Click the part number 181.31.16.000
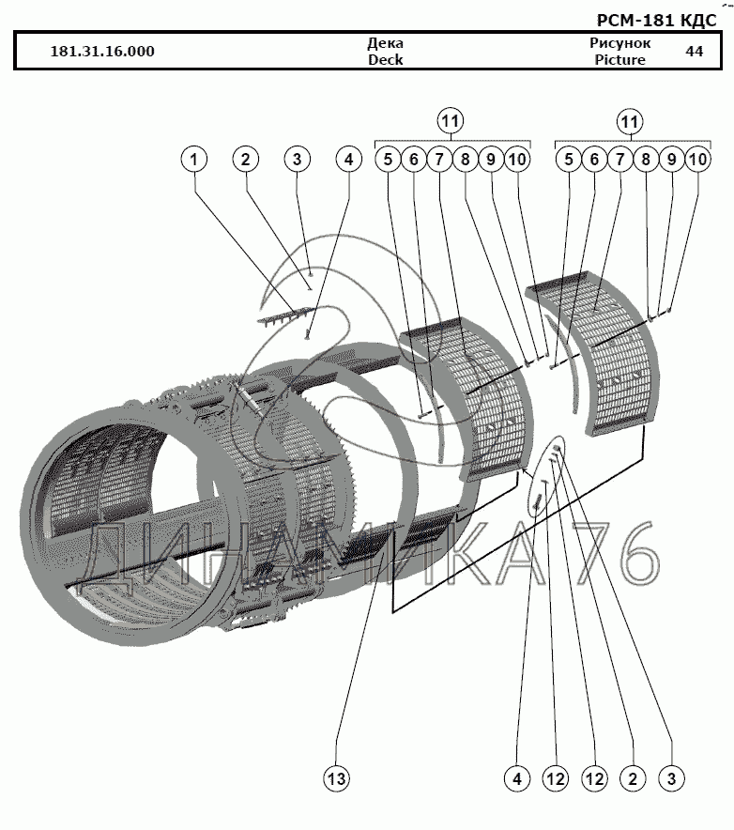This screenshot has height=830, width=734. (101, 52)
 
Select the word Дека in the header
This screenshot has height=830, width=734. (385, 43)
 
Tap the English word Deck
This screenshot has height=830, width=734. (385, 59)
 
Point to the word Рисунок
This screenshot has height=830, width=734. (619, 43)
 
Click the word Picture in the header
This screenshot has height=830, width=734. (619, 59)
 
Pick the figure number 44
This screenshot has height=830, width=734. (695, 52)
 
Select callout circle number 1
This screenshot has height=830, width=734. (194, 160)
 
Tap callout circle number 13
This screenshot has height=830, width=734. (337, 777)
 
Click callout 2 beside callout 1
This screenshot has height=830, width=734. (245, 160)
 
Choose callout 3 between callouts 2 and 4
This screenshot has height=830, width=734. (297, 160)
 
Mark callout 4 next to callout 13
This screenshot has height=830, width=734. (516, 777)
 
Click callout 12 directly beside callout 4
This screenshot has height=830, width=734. (554, 777)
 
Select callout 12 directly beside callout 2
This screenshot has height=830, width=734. (593, 777)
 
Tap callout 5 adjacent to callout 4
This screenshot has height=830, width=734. (388, 160)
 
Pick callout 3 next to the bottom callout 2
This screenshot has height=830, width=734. (670, 777)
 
